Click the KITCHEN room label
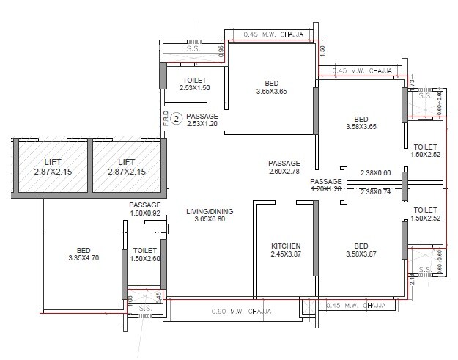tap(285, 246)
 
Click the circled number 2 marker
tap(176, 116)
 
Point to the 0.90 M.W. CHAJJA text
tap(235, 312)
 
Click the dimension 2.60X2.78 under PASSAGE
tap(284, 172)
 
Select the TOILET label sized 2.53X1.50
tap(194, 79)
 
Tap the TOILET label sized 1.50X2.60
tap(145, 250)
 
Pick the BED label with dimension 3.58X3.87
tap(360, 246)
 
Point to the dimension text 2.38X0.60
tap(375, 174)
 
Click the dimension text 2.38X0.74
tap(375, 192)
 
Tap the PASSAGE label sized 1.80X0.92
tap(145, 205)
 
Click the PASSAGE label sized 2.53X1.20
tap(202, 116)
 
